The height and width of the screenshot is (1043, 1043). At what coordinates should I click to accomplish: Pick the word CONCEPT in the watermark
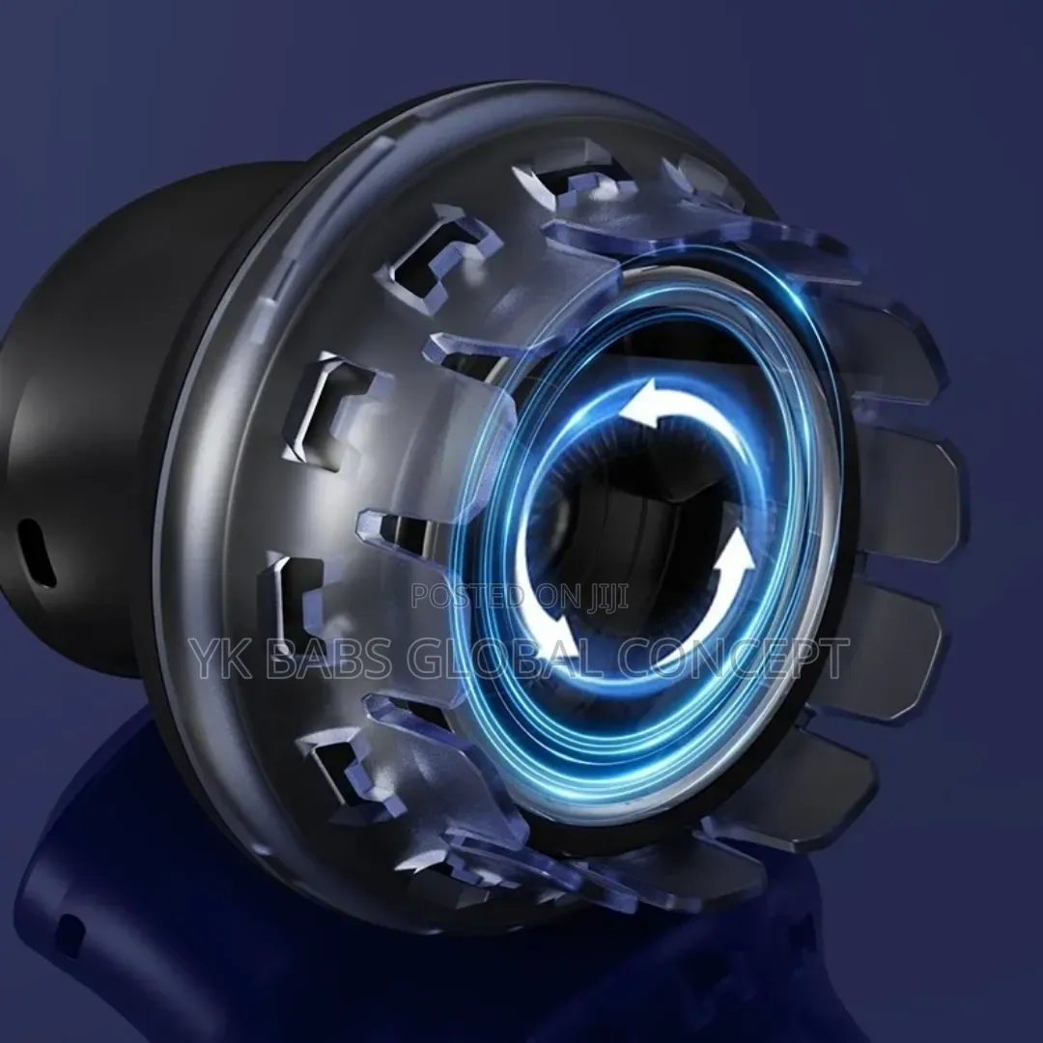pyautogui.click(x=734, y=658)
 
